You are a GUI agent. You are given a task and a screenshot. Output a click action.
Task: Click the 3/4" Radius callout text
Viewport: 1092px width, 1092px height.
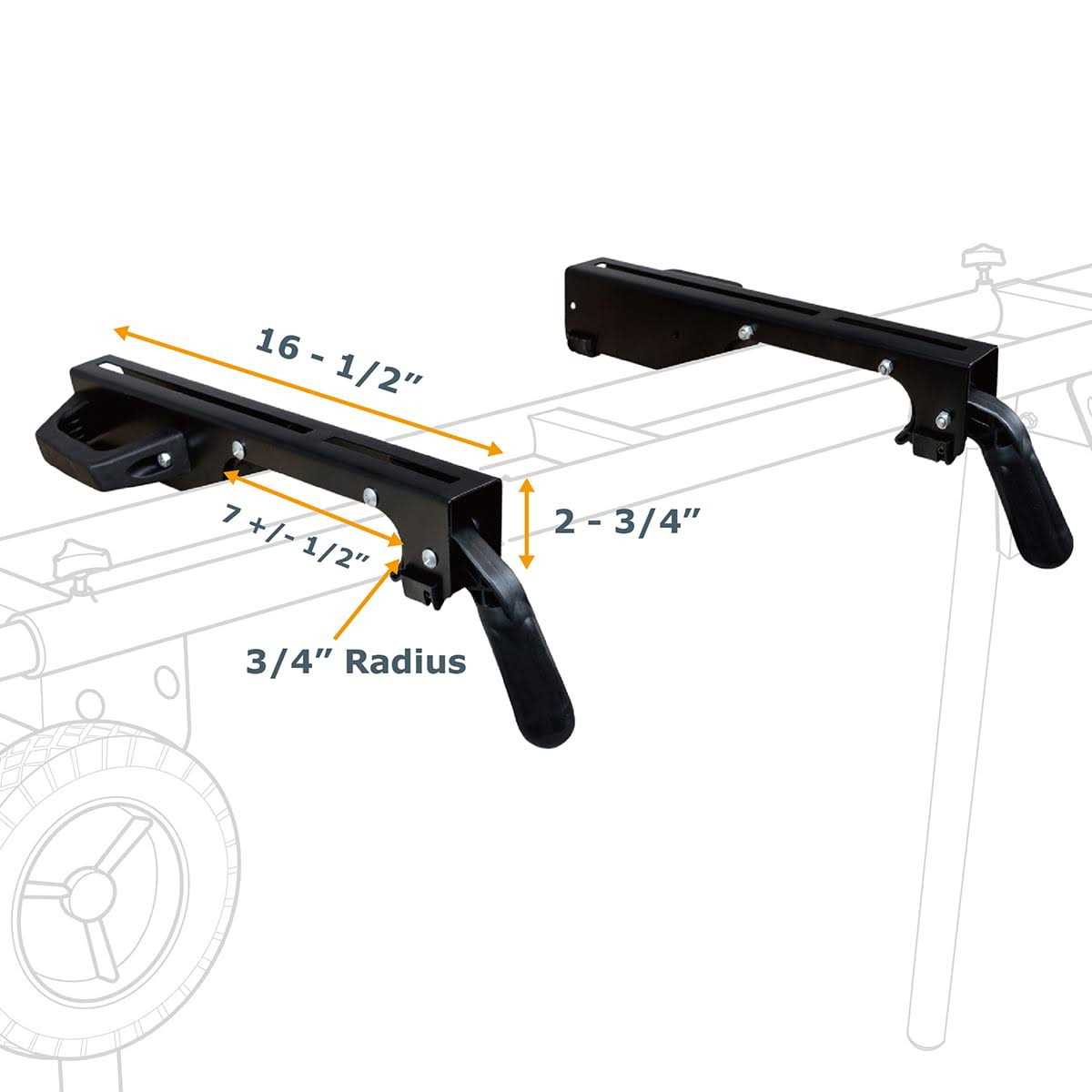pyautogui.click(x=356, y=661)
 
